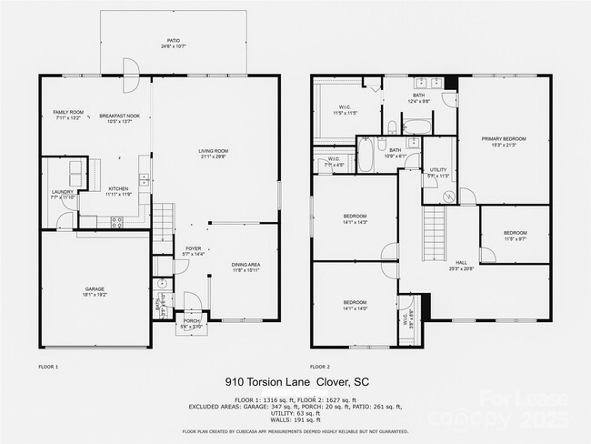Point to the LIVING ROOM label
(214, 152)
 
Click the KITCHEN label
(118, 192)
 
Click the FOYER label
(194, 249)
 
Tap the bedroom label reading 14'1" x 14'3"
(355, 221)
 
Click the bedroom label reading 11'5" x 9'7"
(516, 236)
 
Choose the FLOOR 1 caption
(48, 367)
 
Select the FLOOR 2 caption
(320, 367)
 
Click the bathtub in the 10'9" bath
(365, 155)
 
